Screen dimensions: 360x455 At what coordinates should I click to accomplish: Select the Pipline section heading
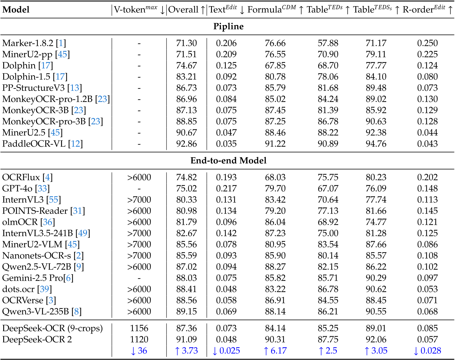click(228, 26)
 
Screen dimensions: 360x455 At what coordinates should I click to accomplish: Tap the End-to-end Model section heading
click(228, 160)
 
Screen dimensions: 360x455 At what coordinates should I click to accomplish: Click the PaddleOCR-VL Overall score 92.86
click(186, 144)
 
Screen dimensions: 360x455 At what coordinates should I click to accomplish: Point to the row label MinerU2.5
click(25, 133)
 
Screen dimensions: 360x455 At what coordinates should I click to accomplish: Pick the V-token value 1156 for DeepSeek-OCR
click(139, 328)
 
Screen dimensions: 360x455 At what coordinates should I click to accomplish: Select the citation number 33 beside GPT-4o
click(42, 188)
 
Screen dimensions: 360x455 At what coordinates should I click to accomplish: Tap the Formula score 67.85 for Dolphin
click(275, 66)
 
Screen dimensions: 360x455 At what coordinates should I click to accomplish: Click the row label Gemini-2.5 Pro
click(32, 278)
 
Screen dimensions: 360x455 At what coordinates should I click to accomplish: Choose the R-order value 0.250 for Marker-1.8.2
click(427, 43)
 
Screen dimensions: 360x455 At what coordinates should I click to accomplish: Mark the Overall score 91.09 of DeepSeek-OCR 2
click(186, 339)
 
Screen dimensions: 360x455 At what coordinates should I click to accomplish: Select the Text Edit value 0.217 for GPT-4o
click(226, 188)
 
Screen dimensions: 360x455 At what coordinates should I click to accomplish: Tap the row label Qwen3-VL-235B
click(35, 312)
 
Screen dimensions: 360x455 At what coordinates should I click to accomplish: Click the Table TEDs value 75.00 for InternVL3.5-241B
click(328, 233)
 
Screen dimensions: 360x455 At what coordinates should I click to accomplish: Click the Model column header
click(16, 10)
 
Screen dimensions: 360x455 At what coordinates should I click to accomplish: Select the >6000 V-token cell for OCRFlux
click(139, 177)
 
